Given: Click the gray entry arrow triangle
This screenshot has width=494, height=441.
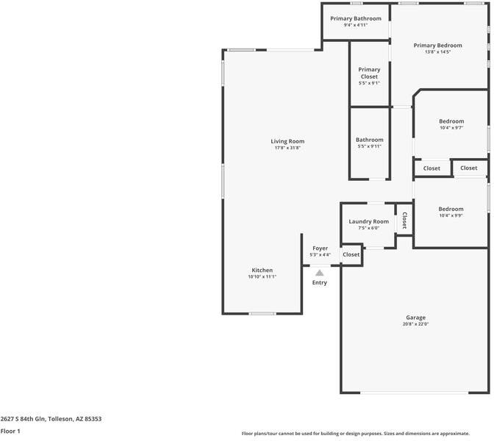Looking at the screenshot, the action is click(x=320, y=273).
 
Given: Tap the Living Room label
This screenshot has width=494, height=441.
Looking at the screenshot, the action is click(x=287, y=141).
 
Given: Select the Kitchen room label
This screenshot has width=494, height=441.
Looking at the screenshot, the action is click(x=262, y=270).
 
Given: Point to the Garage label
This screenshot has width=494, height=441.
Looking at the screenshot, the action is click(x=415, y=318).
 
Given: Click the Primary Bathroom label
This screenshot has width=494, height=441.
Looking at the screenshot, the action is click(x=356, y=18).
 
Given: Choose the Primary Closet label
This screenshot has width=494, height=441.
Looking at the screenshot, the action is click(x=369, y=73).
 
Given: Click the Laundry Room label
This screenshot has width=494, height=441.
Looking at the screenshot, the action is click(x=368, y=221).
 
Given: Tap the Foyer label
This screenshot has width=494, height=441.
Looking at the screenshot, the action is click(x=320, y=248).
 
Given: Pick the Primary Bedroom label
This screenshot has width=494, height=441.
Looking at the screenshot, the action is click(x=438, y=46).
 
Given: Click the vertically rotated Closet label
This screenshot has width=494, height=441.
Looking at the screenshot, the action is click(x=404, y=220).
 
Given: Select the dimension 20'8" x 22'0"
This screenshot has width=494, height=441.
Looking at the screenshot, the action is click(x=415, y=324).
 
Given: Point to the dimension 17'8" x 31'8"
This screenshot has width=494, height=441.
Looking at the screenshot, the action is click(x=287, y=148).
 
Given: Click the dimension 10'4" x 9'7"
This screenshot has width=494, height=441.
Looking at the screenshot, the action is click(x=451, y=128).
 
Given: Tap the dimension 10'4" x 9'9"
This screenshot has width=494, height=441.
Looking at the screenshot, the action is click(x=451, y=215).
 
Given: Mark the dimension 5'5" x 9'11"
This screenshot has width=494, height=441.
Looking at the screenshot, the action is click(x=370, y=146).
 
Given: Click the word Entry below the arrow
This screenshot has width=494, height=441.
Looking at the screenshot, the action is click(x=320, y=282).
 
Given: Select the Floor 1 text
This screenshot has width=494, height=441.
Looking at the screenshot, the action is click(x=10, y=431).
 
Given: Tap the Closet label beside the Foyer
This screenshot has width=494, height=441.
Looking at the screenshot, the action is click(x=351, y=254).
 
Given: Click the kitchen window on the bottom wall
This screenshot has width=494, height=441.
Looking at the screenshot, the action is click(x=262, y=313).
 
